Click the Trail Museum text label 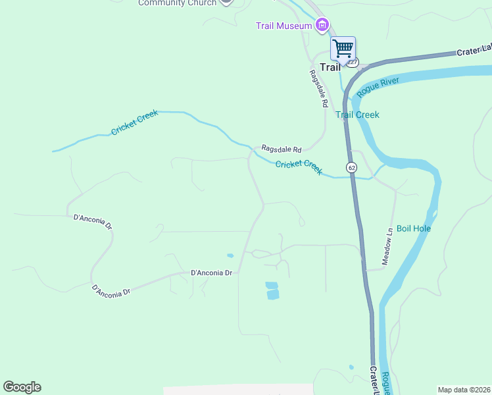coord(283,26)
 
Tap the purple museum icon coord(322,26)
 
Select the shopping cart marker coord(343,49)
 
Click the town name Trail coord(330,66)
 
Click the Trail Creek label coord(357,115)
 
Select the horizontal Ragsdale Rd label coord(281,149)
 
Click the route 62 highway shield coord(352,168)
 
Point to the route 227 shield coord(353,63)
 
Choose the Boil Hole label coord(414,228)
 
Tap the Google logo coord(22,387)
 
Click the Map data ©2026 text coord(464,389)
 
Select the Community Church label coord(177,3)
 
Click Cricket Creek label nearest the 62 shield coord(299,168)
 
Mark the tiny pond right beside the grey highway coord(351,367)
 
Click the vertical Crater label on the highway coord(374,381)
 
